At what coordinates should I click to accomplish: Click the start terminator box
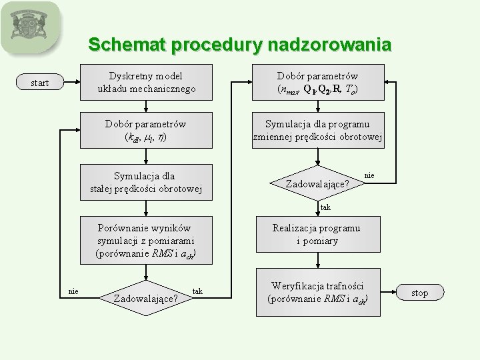tap(40, 83)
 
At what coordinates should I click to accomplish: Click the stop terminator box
tap(419, 293)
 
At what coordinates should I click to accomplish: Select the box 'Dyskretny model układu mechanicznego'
tap(146, 83)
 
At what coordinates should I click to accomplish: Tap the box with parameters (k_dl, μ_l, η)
tap(146, 131)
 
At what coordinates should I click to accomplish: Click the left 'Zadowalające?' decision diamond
tap(146, 297)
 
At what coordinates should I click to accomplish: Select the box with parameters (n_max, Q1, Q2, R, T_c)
tap(317, 83)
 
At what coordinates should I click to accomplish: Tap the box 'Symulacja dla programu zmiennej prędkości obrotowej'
tap(317, 131)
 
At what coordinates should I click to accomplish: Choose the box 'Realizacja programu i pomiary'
tap(317, 235)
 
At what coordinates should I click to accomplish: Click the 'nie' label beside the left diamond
tap(74, 291)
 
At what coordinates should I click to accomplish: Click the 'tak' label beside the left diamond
tap(197, 291)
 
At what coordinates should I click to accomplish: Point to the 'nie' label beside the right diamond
tap(369, 175)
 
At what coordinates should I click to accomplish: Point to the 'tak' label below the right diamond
tap(325, 207)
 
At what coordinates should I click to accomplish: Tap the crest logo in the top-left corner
tap(30, 27)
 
